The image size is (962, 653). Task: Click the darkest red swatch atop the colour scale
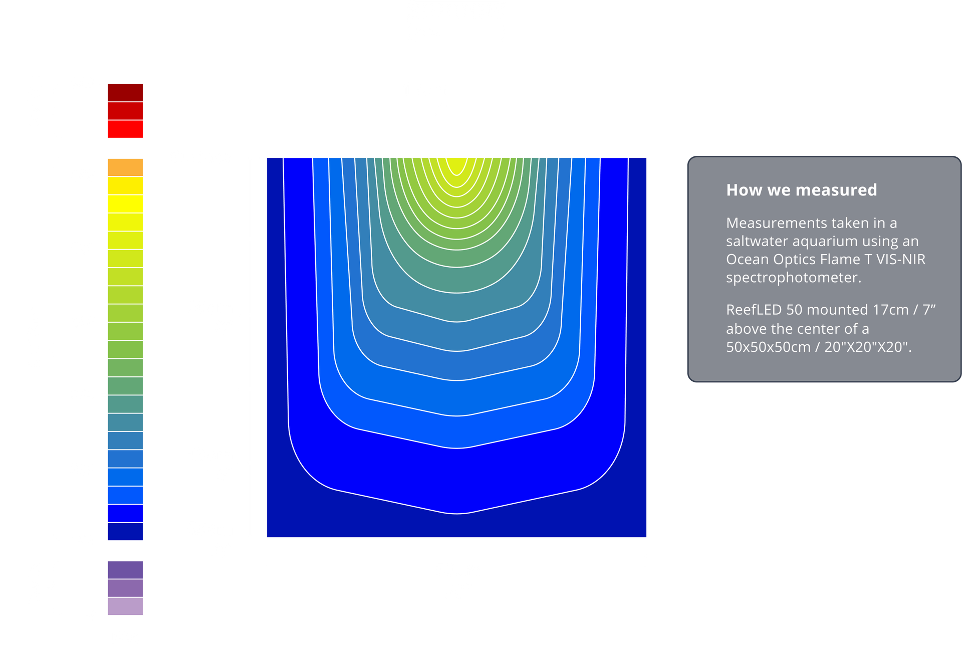(125, 93)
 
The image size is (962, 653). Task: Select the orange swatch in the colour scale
(125, 167)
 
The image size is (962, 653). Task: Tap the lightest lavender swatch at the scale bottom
(125, 606)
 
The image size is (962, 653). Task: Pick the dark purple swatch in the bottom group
(125, 570)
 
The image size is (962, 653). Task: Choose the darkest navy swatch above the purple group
(125, 532)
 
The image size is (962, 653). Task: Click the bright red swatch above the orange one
(125, 129)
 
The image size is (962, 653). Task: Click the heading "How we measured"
(802, 190)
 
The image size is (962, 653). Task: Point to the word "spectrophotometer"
(794, 278)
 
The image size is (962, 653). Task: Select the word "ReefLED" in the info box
(754, 310)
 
